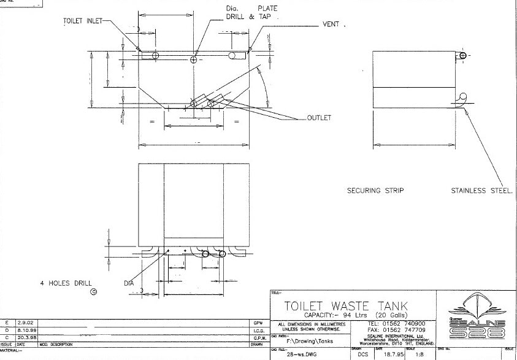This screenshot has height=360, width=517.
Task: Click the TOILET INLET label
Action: click(x=83, y=21)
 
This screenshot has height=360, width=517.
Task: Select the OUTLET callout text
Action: click(x=318, y=118)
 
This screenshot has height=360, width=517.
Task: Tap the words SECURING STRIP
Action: click(x=375, y=191)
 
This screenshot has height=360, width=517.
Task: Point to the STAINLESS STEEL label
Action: click(x=481, y=191)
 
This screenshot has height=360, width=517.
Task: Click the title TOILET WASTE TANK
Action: click(x=345, y=305)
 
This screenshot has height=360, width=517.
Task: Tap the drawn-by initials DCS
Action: click(x=362, y=354)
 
